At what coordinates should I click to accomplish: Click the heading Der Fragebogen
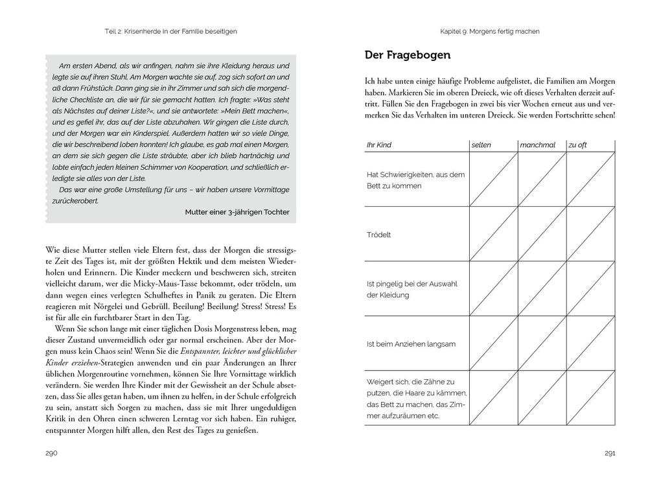(408, 56)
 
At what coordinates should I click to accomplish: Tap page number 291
(609, 452)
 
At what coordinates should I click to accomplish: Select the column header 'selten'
(481, 145)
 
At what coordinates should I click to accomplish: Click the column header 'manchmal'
(537, 145)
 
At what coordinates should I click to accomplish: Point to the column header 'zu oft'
(577, 145)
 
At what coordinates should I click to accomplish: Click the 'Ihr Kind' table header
(379, 145)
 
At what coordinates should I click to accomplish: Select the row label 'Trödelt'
(379, 234)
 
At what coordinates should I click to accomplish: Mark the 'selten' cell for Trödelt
(493, 234)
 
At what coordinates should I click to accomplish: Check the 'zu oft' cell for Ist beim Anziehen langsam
(590, 344)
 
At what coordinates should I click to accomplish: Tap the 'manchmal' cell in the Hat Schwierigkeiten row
(542, 179)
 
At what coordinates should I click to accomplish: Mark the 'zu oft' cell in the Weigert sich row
(590, 398)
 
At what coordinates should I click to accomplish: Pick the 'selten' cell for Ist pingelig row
(493, 288)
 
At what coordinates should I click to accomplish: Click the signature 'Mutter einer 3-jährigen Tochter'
(237, 212)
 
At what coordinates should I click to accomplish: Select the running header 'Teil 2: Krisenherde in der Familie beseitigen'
(171, 31)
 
